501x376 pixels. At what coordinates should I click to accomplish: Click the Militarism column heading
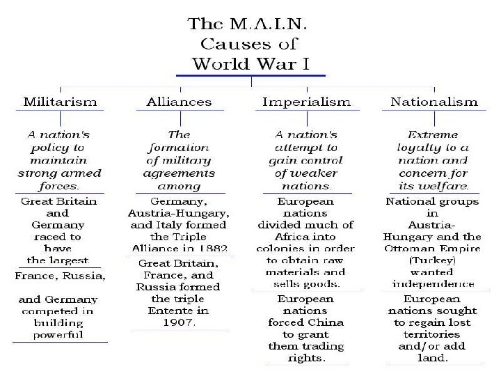(x=59, y=102)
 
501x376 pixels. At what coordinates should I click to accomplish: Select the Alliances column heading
(x=179, y=102)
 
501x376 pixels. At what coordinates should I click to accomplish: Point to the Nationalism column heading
(x=434, y=102)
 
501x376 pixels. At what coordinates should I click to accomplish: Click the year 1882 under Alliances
(x=211, y=249)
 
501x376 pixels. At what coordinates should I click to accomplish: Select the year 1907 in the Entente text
(x=179, y=322)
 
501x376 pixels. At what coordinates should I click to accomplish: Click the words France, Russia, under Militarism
(x=61, y=276)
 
